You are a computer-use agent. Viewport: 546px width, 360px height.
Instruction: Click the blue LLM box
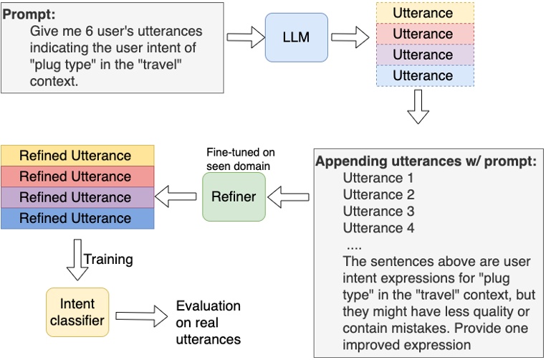pyautogui.click(x=295, y=37)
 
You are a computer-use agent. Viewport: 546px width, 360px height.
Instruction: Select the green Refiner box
pyautogui.click(x=234, y=196)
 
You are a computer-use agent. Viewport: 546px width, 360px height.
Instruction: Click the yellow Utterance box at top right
pyautogui.click(x=422, y=13)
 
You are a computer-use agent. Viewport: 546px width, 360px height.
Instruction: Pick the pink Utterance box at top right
pyautogui.click(x=422, y=34)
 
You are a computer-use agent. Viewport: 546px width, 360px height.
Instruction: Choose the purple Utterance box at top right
pyautogui.click(x=422, y=55)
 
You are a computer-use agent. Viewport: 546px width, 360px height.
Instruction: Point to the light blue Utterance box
pyautogui.click(x=422, y=75)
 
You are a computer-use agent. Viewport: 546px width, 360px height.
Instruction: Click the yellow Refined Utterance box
pyautogui.click(x=75, y=156)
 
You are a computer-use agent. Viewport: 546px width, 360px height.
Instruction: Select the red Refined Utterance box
pyautogui.click(x=75, y=176)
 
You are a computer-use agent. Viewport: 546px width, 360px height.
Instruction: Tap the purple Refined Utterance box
pyautogui.click(x=75, y=197)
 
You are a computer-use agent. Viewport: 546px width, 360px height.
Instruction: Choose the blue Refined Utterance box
pyautogui.click(x=75, y=218)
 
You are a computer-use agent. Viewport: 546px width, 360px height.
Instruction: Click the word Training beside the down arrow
pyautogui.click(x=108, y=258)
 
